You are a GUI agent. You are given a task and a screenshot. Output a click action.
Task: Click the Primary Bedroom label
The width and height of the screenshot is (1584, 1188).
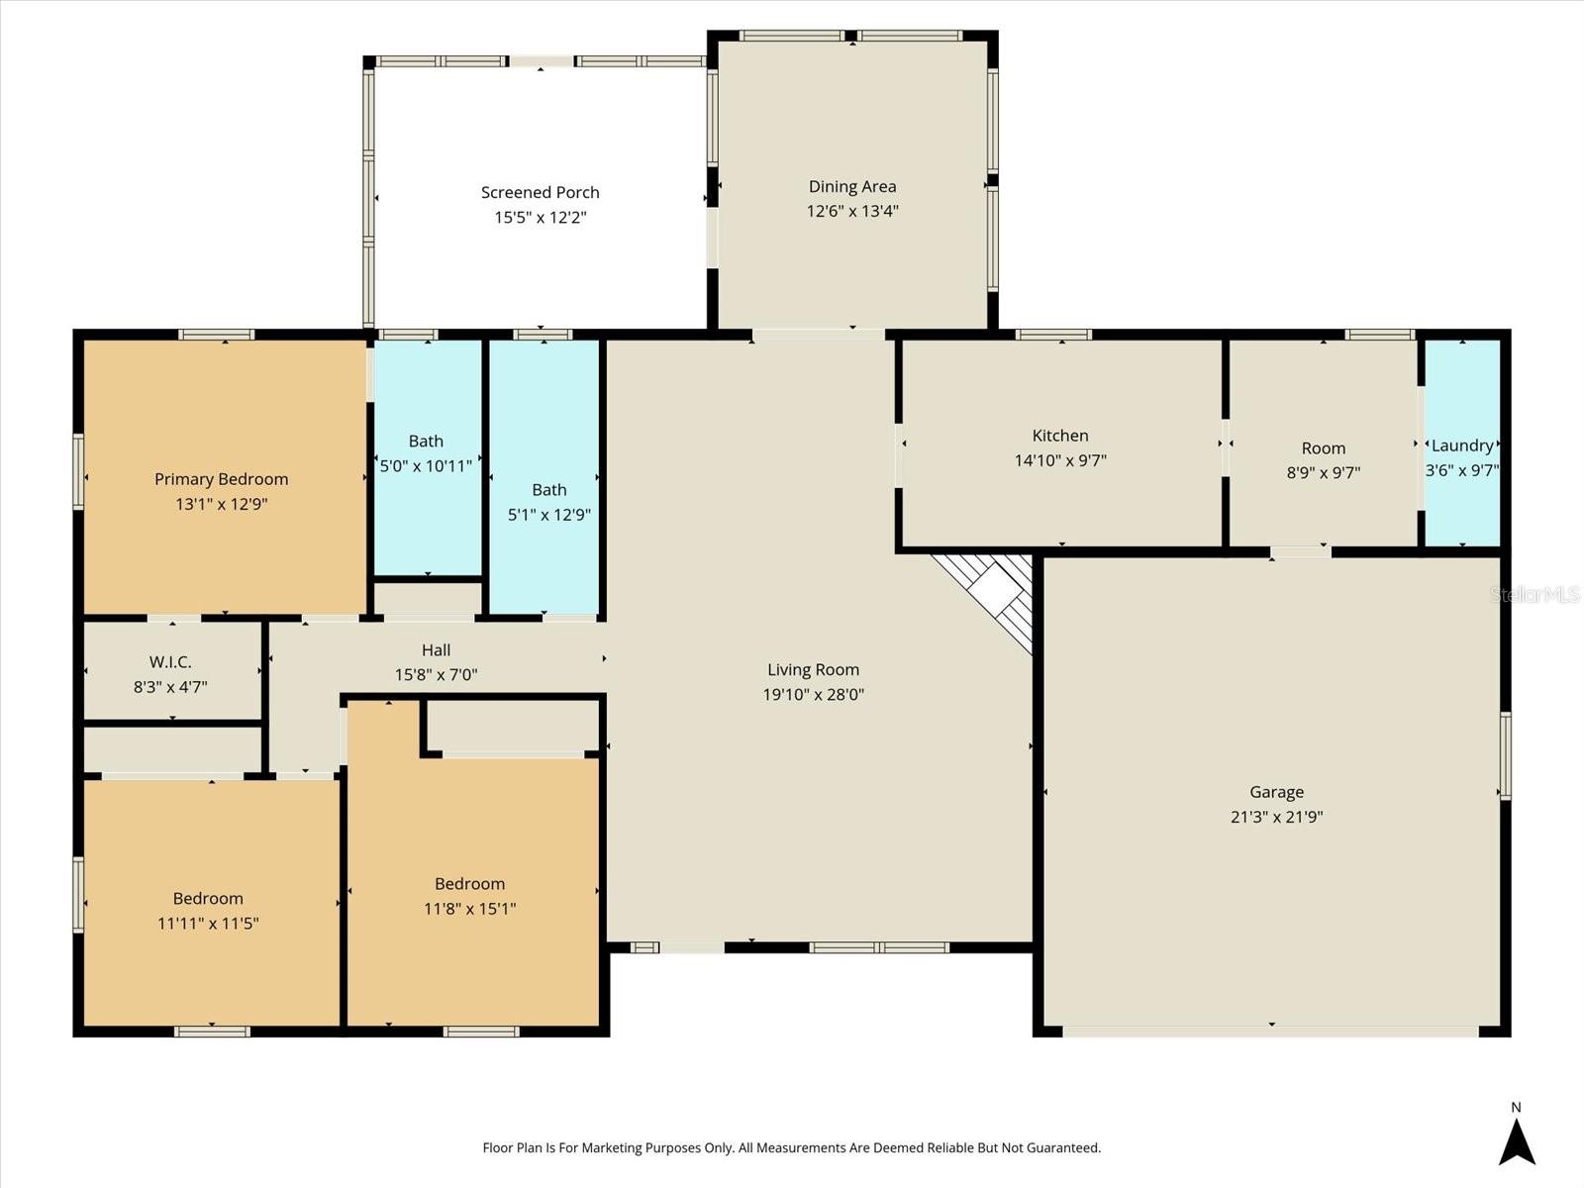[x=221, y=479]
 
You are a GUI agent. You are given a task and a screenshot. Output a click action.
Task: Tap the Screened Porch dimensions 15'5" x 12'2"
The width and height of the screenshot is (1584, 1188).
[x=541, y=218]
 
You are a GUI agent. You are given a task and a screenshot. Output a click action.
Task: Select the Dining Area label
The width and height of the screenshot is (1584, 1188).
[x=851, y=186]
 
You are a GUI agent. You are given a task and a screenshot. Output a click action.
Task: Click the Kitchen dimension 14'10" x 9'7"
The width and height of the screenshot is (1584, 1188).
[x=1060, y=460]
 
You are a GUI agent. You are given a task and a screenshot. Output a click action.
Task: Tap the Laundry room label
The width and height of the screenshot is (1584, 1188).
[x=1462, y=445]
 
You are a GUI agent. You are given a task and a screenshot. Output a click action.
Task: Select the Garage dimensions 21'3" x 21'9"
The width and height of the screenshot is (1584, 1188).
[x=1276, y=817]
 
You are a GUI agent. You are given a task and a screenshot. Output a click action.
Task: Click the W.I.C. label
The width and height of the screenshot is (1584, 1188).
[x=170, y=661]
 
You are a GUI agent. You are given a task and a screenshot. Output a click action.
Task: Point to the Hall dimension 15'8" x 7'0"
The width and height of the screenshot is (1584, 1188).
[x=436, y=675]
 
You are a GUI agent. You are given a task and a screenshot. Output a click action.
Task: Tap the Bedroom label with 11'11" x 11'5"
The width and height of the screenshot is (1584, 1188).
[x=208, y=899]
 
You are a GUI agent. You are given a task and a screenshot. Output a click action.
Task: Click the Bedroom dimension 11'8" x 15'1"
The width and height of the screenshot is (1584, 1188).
[x=469, y=909]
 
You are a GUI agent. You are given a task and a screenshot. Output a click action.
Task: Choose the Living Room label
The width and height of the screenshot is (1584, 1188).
[x=813, y=670]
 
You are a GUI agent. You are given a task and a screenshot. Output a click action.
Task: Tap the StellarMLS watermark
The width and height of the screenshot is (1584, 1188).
[x=1534, y=594]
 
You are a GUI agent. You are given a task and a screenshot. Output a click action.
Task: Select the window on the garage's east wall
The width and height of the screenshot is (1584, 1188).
[x=1505, y=755]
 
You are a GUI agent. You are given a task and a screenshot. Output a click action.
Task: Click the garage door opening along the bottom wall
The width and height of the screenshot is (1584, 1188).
[x=1271, y=1032]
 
